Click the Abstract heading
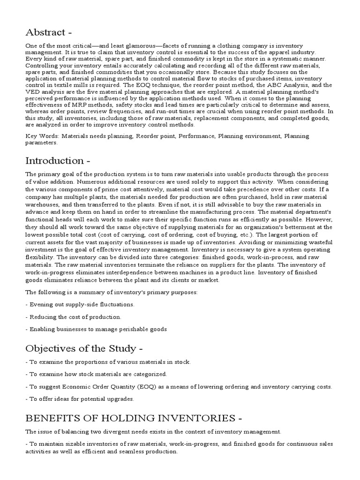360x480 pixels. tap(49, 32)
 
